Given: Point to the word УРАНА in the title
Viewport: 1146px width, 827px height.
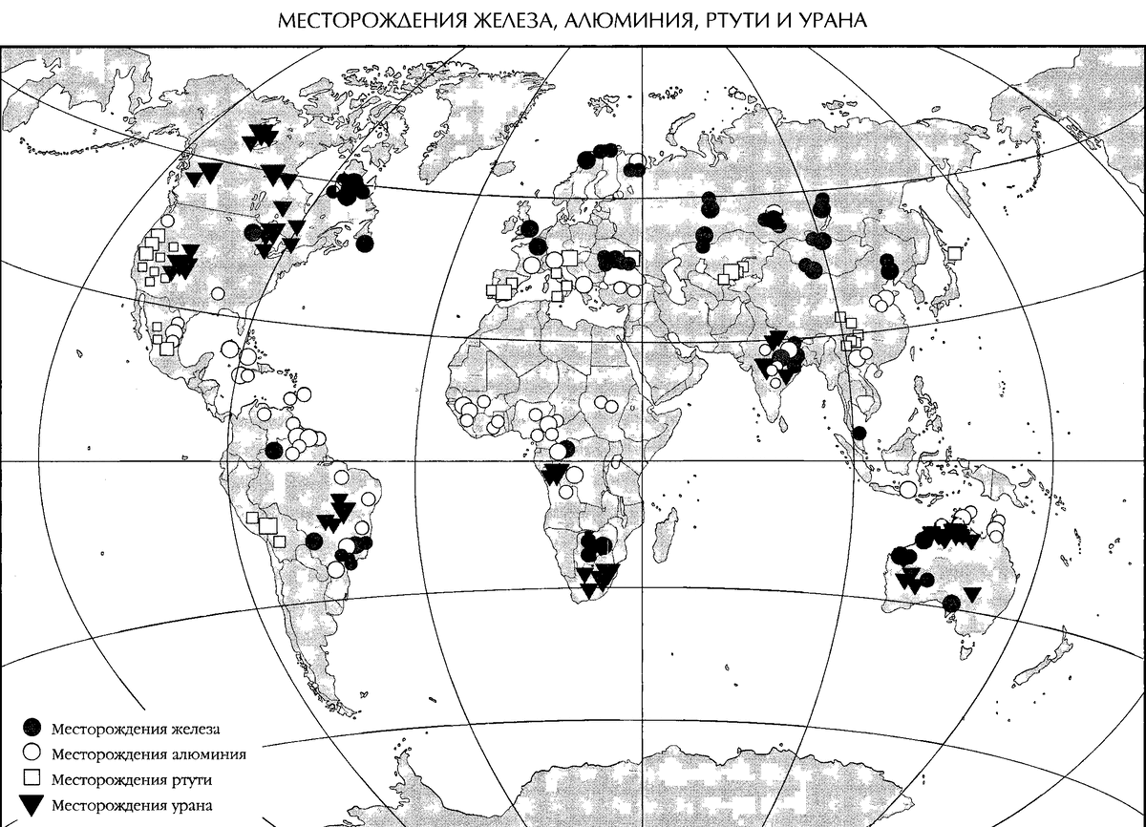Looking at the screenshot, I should pyautogui.click(x=831, y=19).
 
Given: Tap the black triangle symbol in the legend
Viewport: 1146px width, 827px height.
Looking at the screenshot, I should pyautogui.click(x=33, y=805).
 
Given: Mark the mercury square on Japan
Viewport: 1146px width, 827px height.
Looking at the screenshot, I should pyautogui.click(x=953, y=253).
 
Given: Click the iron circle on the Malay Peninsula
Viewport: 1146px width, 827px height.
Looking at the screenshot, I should pyautogui.click(x=859, y=434).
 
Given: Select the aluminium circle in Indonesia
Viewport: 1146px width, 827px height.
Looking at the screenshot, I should pyautogui.click(x=908, y=489).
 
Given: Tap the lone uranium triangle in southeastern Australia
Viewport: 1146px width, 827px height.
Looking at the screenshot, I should pyautogui.click(x=971, y=594).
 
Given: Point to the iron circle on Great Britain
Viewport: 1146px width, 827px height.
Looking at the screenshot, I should pyautogui.click(x=524, y=229).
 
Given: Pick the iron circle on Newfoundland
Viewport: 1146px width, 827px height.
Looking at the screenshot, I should pyautogui.click(x=365, y=244).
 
